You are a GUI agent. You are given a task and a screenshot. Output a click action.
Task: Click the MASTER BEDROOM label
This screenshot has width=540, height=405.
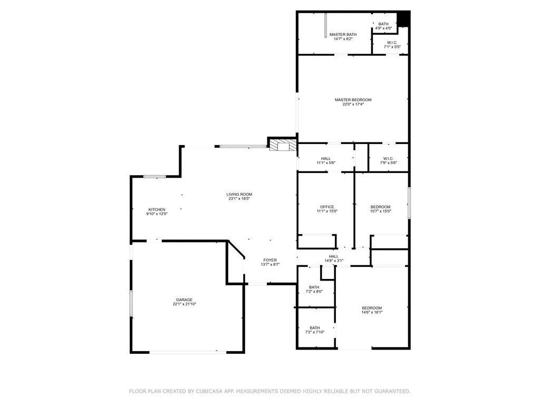(353, 100)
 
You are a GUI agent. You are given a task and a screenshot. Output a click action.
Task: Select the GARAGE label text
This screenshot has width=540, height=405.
(184, 300)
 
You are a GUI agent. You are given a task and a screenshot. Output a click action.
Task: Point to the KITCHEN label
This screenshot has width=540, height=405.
(157, 209)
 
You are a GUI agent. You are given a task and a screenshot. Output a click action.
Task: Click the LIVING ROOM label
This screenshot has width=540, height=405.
(239, 194)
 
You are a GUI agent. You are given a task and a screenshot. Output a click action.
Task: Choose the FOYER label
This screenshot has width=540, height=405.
(270, 260)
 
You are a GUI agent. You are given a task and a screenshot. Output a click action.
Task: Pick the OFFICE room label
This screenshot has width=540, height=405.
(327, 207)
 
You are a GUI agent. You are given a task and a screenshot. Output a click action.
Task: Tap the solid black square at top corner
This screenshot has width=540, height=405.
(403, 19)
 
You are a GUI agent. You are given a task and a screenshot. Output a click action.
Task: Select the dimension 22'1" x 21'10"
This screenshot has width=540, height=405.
(184, 304)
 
